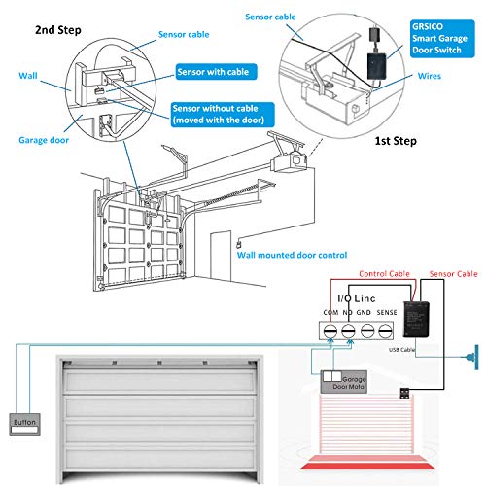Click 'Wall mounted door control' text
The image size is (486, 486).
(293, 255)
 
